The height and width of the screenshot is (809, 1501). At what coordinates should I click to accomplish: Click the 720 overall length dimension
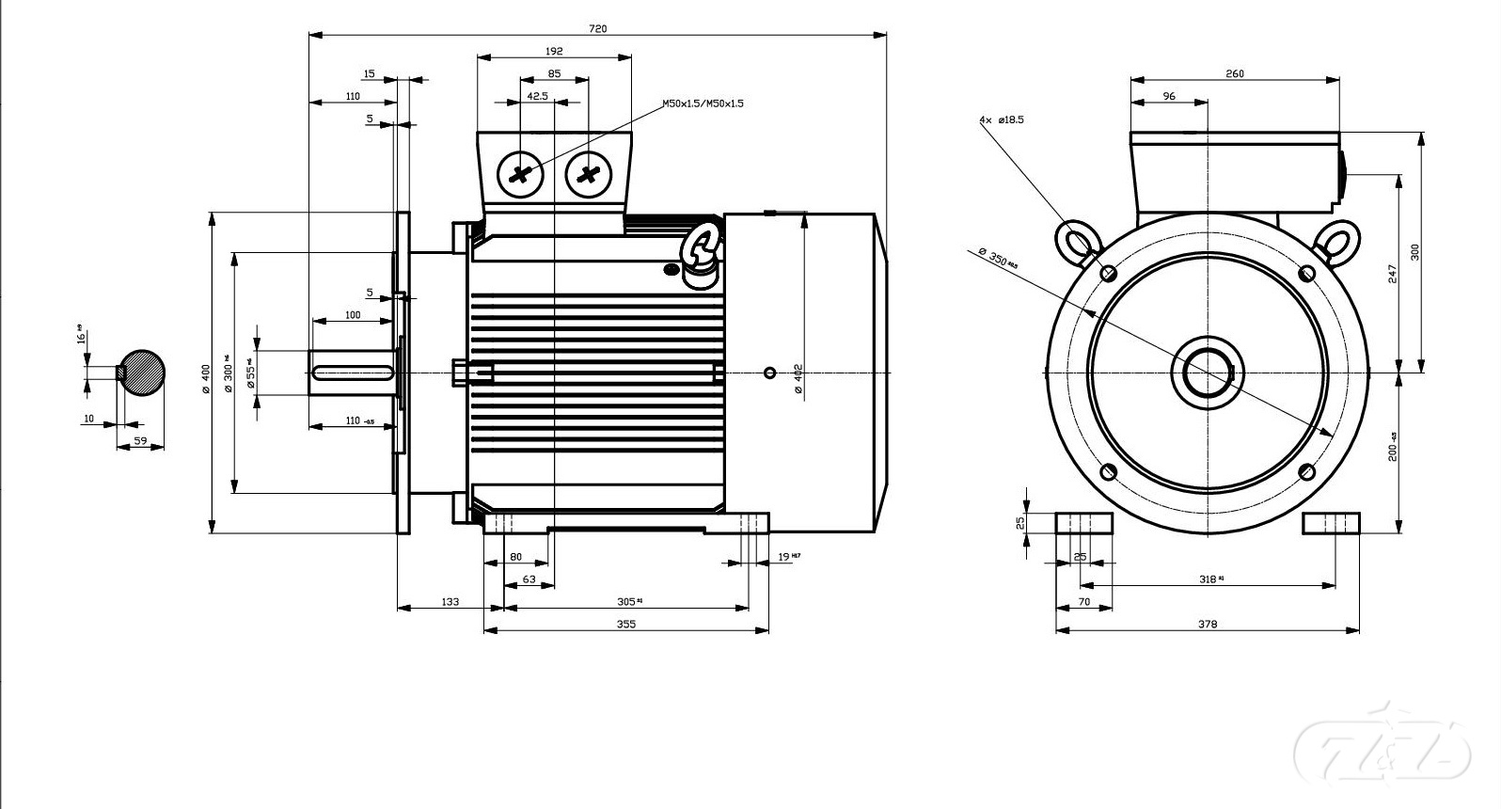(x=597, y=28)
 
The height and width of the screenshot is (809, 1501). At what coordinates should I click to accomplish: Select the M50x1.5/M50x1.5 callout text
(x=703, y=103)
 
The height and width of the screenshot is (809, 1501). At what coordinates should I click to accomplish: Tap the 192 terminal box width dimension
(x=554, y=50)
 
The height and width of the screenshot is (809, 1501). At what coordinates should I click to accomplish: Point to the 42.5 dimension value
(x=537, y=96)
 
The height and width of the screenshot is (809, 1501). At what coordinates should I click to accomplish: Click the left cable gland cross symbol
(x=520, y=174)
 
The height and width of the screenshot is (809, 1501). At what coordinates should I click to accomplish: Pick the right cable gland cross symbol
(x=589, y=174)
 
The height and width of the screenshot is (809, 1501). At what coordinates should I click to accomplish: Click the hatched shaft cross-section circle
(x=143, y=373)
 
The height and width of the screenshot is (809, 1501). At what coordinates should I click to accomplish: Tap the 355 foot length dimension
(x=625, y=624)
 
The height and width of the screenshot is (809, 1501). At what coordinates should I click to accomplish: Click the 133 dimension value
(x=450, y=601)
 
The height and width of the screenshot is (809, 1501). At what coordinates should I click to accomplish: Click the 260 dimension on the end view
(x=1234, y=73)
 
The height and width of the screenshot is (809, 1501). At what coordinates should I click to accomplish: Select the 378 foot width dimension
(x=1208, y=624)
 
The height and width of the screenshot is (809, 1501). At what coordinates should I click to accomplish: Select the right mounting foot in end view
(x=1331, y=523)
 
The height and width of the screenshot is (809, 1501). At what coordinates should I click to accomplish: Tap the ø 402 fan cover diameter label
(x=798, y=379)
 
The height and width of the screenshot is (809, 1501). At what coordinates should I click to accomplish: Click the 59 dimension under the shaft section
(x=140, y=440)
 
